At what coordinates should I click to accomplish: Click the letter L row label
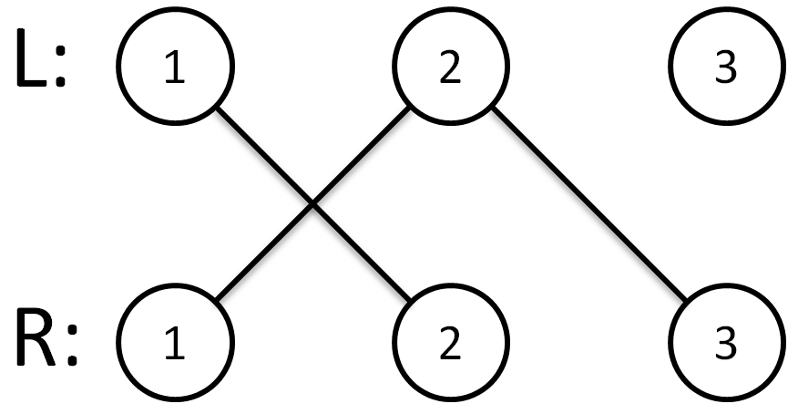coord(33,59)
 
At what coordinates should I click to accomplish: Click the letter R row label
coord(36,337)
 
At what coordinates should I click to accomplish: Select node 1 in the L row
coord(176,66)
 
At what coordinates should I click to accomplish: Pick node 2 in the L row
coord(451,66)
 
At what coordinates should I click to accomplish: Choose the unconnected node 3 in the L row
coord(726,66)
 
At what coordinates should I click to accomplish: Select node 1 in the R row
coord(176,343)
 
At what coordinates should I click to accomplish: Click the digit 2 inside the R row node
coord(450,344)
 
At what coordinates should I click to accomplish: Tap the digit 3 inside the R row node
coord(726,344)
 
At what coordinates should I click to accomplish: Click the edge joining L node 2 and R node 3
coord(588,203)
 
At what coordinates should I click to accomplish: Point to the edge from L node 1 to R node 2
coord(313,203)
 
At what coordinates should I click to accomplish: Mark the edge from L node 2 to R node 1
coord(312,203)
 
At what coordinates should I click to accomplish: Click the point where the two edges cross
coord(313,204)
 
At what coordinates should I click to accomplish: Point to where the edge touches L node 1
coord(218,108)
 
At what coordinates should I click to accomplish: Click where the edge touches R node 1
coord(217,300)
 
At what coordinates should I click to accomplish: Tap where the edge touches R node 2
coord(410,300)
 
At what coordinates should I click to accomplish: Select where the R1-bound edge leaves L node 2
coord(409,108)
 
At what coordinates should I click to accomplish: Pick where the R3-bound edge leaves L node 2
coord(493,108)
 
